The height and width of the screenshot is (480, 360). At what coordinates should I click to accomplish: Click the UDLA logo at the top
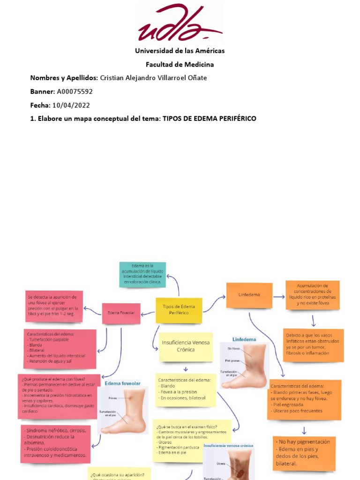click(x=180, y=23)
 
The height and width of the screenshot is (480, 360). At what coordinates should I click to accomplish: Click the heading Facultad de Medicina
click(x=180, y=64)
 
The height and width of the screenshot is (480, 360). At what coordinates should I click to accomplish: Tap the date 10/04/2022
click(x=72, y=105)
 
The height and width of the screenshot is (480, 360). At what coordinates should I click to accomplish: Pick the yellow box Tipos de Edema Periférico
click(x=179, y=310)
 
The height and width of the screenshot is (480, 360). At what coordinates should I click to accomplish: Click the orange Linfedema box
click(x=249, y=295)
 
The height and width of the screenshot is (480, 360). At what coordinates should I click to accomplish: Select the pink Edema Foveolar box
click(x=121, y=313)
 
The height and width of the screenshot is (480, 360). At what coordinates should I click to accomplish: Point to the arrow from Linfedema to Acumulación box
click(x=279, y=296)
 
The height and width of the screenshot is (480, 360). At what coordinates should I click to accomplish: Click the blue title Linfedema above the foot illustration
click(x=244, y=338)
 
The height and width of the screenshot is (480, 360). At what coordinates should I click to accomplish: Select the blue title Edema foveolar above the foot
click(x=122, y=383)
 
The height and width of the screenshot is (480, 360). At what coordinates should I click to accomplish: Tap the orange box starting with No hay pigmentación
click(x=304, y=453)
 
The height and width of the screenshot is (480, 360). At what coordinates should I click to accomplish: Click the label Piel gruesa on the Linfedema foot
click(x=232, y=360)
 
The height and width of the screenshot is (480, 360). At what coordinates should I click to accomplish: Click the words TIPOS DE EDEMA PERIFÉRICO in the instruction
click(x=209, y=119)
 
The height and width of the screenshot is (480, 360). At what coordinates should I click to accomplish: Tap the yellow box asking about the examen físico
click(x=192, y=439)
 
